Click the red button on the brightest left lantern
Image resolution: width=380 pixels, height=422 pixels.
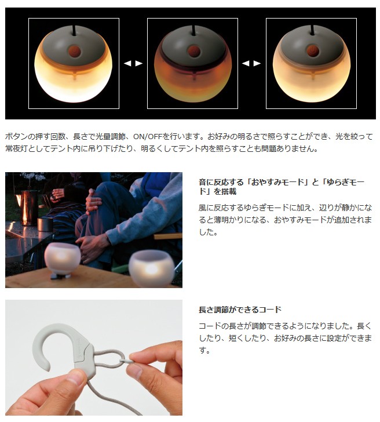click(74, 51)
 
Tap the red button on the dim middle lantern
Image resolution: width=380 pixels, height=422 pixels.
click(193, 51)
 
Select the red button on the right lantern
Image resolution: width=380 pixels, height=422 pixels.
click(312, 51)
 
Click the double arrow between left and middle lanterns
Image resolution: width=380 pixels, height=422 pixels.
click(133, 64)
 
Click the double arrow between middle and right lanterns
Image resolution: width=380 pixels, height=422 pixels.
click(251, 64)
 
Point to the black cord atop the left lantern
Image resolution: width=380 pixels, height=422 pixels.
click(74, 30)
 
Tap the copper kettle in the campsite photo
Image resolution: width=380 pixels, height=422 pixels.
click(28, 207)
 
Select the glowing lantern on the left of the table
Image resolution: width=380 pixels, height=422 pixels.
click(63, 259)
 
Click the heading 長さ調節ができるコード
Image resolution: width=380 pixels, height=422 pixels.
click(240, 310)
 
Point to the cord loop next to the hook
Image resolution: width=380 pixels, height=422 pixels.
click(109, 359)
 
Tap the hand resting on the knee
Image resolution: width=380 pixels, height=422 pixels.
click(93, 201)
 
